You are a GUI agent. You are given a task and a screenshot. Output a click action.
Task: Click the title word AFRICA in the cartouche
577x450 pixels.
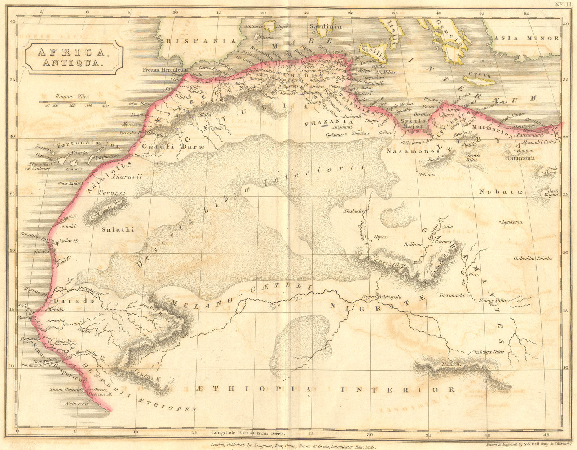72,52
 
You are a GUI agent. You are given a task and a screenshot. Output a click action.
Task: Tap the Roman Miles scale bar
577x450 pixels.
72,102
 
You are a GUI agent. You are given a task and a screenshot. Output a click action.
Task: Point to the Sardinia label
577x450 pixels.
326,26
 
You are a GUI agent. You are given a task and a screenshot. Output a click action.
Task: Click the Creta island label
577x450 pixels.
480,75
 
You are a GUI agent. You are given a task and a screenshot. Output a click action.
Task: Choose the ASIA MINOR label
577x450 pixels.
527,38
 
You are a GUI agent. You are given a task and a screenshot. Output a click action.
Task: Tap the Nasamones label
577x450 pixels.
408,151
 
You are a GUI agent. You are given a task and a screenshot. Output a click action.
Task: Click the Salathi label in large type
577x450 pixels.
118,229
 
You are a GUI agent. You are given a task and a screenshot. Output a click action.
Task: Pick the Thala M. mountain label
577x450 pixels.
452,364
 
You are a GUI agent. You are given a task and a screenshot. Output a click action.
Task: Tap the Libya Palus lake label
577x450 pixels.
492,351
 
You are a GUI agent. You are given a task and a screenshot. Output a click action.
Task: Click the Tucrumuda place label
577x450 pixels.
451,295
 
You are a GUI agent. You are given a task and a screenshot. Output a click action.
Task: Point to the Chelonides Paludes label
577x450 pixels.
533,258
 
